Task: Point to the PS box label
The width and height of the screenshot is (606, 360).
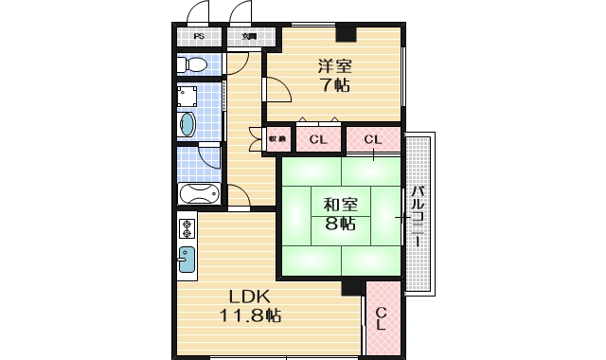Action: pyautogui.click(x=199, y=37)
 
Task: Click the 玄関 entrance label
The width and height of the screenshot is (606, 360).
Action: pyautogui.click(x=249, y=37)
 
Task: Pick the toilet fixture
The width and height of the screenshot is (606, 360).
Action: pyautogui.click(x=193, y=64)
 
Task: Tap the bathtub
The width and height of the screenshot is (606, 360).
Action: pyautogui.click(x=198, y=195)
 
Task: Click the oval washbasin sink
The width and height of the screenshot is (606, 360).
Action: pyautogui.click(x=187, y=125)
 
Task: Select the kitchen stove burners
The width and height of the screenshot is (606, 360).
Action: pyautogui.click(x=187, y=228)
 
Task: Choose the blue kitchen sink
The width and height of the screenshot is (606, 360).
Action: pyautogui.click(x=187, y=258)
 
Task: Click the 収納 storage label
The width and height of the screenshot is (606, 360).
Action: pyautogui.click(x=277, y=139)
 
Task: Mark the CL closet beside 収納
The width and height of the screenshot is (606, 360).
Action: pyautogui.click(x=318, y=140)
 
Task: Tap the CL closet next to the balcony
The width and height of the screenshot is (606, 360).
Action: pyautogui.click(x=373, y=140)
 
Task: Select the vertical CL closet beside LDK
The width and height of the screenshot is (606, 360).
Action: pyautogui.click(x=382, y=318)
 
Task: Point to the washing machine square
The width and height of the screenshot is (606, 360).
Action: pyautogui.click(x=187, y=98)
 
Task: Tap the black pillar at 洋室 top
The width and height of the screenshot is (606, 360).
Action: pyautogui.click(x=348, y=36)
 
